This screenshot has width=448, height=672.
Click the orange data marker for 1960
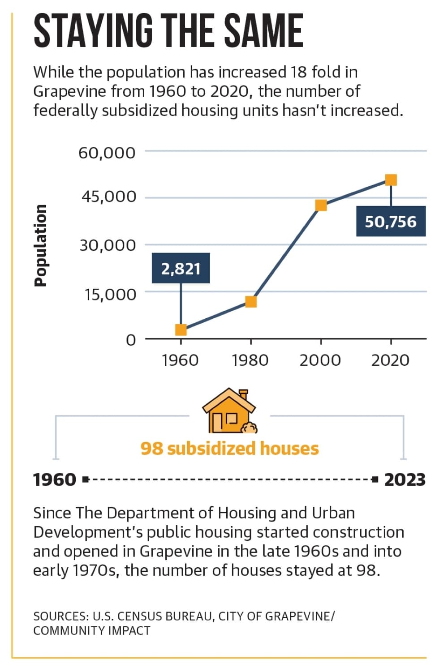click(x=181, y=330)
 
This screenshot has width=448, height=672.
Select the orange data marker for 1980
click(x=251, y=302)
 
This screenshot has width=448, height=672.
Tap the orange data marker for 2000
click(x=321, y=205)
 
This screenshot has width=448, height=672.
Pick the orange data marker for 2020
click(x=391, y=180)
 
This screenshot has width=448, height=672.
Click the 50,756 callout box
click(x=391, y=221)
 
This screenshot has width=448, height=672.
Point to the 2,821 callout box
click(x=181, y=268)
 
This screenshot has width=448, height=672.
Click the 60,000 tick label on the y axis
click(x=107, y=153)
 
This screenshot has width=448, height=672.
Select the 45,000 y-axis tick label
click(x=109, y=197)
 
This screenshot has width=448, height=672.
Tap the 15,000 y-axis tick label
click(x=110, y=294)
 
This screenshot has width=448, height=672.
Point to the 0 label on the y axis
click(x=131, y=340)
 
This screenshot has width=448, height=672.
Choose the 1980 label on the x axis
click(x=250, y=360)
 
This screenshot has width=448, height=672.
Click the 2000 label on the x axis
click(x=320, y=360)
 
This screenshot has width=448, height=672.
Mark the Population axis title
click(x=41, y=245)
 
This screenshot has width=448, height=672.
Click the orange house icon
click(x=230, y=411)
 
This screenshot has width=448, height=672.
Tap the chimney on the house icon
click(x=243, y=394)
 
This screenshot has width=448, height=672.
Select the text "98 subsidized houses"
click(x=230, y=449)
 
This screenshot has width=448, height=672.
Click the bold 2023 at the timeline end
click(x=405, y=479)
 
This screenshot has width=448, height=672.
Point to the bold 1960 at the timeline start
click(x=55, y=479)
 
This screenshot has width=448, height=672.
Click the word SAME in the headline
click(x=263, y=31)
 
